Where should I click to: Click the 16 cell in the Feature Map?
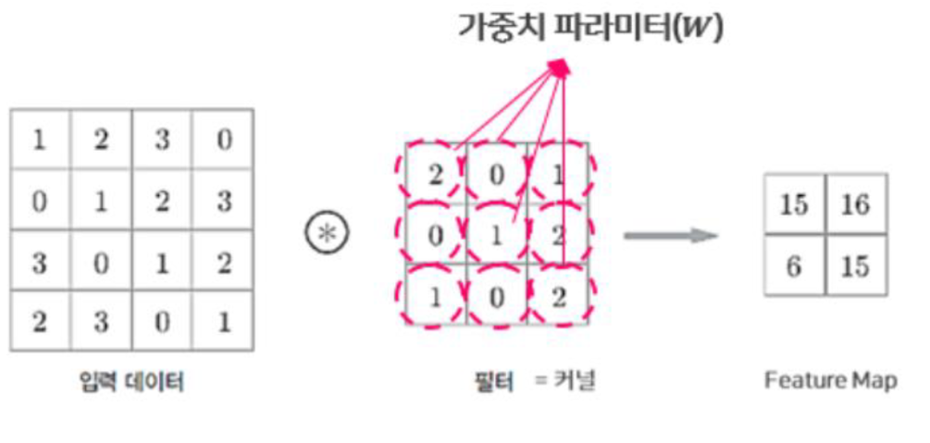[x=854, y=204]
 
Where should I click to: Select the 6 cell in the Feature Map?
[x=794, y=266]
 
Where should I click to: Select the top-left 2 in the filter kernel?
[x=434, y=174]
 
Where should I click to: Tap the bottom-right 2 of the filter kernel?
[x=558, y=296]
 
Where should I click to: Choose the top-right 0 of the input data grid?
[x=223, y=140]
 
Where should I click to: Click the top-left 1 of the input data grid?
[x=40, y=140]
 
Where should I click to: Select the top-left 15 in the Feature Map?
[x=794, y=204]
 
